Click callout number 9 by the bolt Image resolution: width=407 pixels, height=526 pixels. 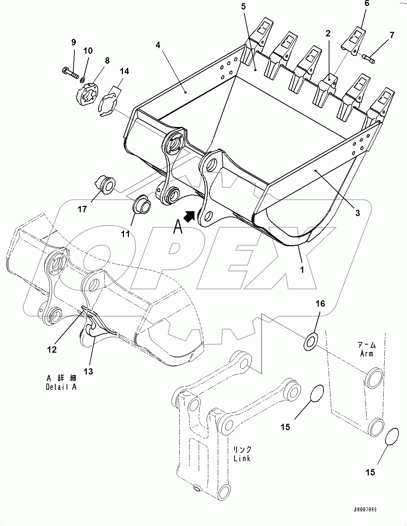pos(73,42)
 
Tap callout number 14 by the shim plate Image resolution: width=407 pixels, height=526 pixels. pos(124,71)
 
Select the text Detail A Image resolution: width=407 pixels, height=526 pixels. pos(61,387)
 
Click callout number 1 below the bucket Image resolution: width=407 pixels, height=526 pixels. pos(302,269)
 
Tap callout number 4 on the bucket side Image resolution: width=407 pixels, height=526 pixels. pos(158,45)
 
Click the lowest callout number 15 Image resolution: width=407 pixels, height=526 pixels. pos(370,472)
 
